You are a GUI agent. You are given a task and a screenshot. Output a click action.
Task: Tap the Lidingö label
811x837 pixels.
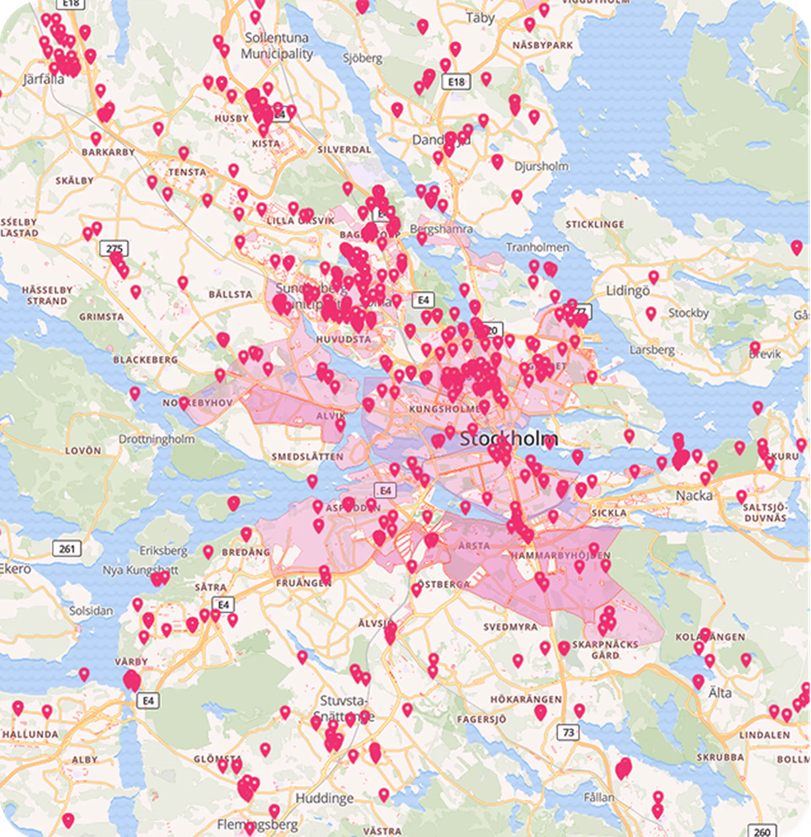point(628,291)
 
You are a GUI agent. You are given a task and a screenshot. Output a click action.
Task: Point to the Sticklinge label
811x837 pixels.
point(595,224)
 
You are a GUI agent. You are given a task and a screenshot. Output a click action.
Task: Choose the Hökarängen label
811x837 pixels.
point(526,699)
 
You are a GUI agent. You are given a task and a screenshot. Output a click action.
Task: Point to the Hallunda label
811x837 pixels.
point(30,734)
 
